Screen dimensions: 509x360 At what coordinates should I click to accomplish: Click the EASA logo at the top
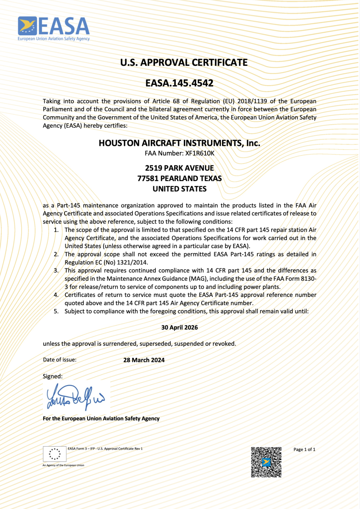click(53, 28)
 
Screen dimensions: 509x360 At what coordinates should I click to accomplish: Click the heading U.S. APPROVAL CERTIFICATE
click(184, 62)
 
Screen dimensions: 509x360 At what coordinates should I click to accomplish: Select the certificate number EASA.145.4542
click(179, 83)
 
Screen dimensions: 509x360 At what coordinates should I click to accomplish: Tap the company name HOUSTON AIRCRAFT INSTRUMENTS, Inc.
click(179, 143)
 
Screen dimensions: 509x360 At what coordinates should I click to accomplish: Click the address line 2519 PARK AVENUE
click(179, 168)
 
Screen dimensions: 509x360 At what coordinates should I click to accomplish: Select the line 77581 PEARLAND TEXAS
click(179, 179)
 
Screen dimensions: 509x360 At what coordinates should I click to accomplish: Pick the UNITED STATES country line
click(179, 189)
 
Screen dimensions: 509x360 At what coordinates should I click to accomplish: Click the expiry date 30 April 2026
click(180, 327)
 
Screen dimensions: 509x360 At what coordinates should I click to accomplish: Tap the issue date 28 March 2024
click(144, 360)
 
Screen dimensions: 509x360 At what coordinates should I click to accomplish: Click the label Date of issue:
click(60, 360)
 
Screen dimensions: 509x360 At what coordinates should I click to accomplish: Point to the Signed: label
click(53, 376)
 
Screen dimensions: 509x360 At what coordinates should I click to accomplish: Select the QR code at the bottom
click(266, 462)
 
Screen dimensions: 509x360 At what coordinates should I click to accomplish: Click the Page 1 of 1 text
click(304, 449)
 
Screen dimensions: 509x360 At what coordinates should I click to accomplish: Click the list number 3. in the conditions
click(56, 270)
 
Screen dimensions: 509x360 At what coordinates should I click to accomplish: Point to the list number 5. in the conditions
click(56, 311)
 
